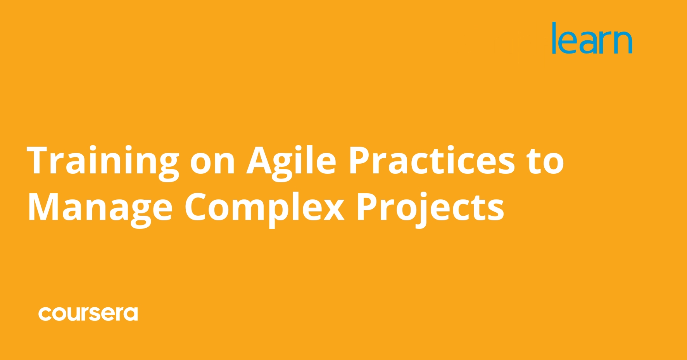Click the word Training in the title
tap(103, 161)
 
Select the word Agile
tap(291, 161)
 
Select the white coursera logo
tap(88, 313)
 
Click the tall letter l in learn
tap(554, 37)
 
